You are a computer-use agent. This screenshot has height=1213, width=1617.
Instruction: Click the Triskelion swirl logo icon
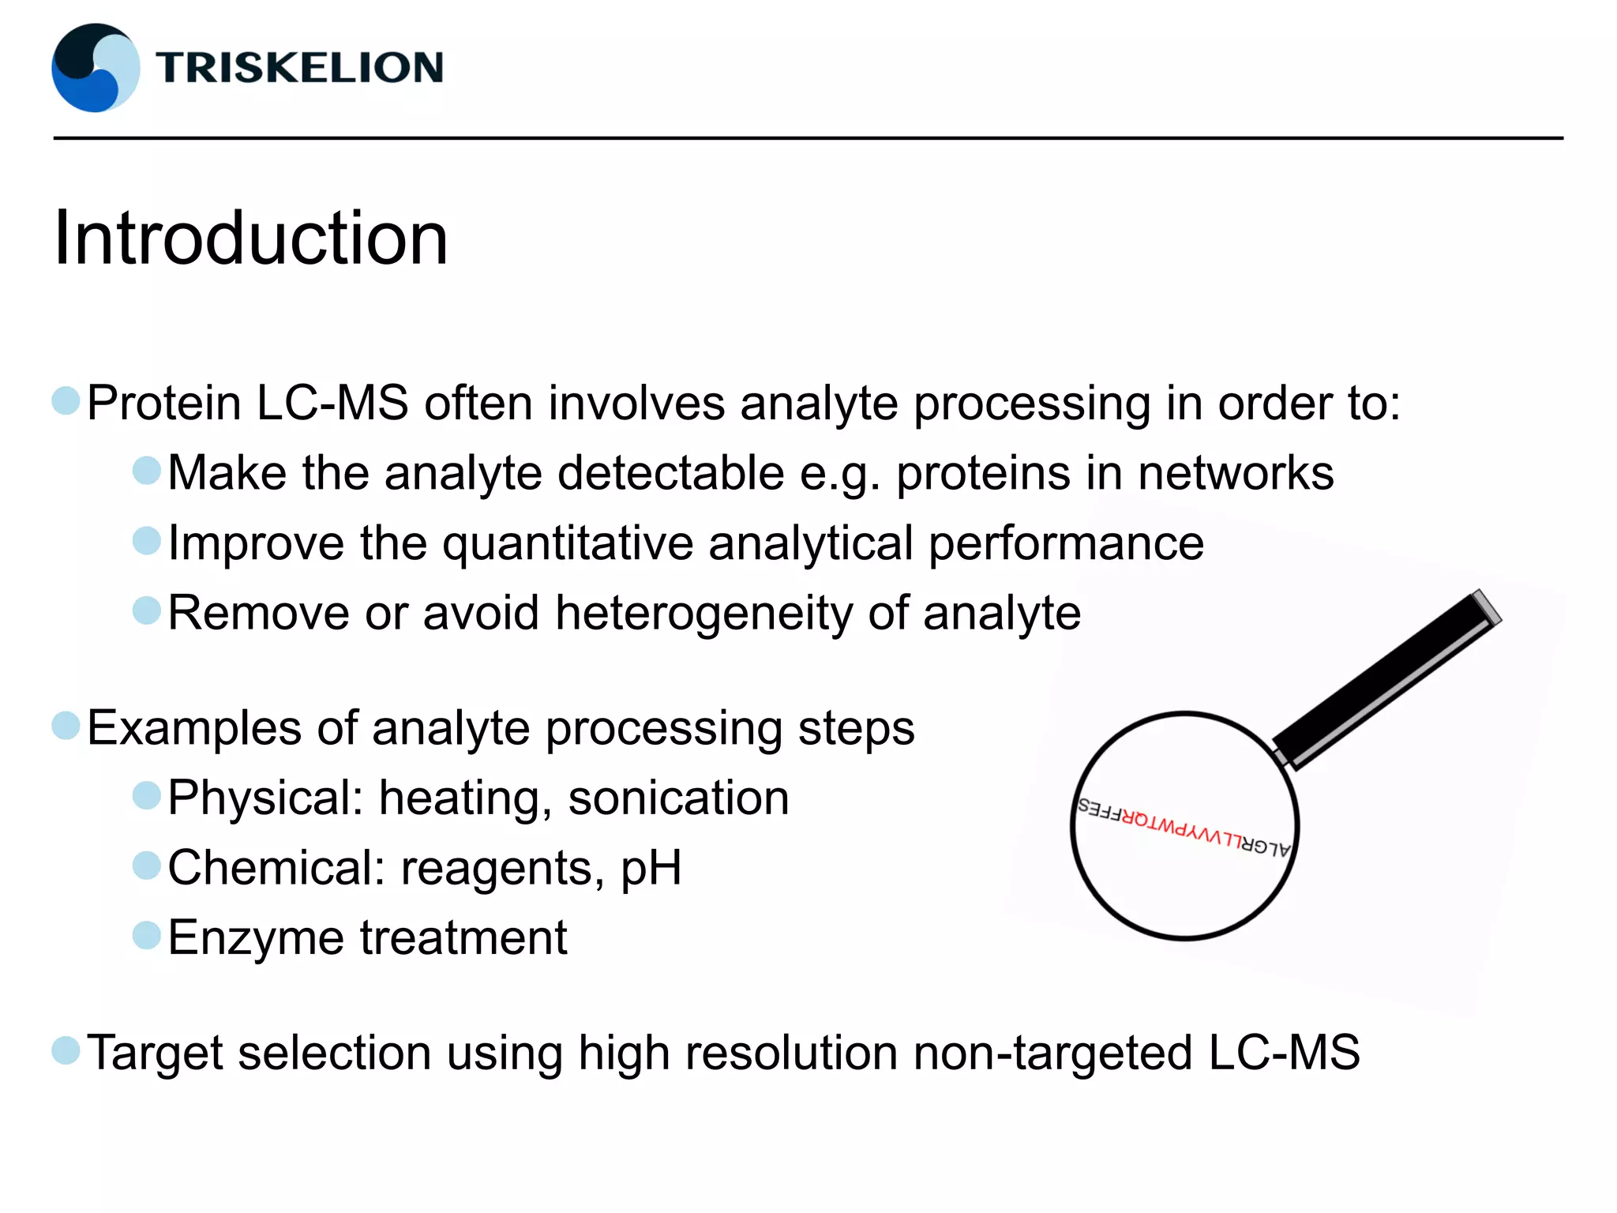point(96,68)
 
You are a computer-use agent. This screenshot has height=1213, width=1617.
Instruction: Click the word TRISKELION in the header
point(299,68)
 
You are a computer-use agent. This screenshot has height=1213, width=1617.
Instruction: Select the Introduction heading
point(250,238)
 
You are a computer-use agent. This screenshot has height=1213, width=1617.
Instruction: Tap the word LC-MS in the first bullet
point(332,404)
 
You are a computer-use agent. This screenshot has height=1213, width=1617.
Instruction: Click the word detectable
point(671,473)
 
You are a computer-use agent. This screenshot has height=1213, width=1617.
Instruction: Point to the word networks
point(1236,473)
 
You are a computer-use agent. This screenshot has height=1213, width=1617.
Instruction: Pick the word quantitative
point(568,543)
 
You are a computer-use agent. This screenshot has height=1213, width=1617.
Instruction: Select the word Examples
point(194,728)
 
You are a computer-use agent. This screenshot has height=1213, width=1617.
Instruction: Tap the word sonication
point(678,798)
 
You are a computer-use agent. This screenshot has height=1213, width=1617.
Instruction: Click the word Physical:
point(265,798)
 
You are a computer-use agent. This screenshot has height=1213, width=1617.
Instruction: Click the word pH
point(651,869)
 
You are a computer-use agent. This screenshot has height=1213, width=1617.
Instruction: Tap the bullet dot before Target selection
point(66,1051)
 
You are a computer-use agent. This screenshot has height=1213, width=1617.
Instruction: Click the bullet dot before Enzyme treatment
point(147,936)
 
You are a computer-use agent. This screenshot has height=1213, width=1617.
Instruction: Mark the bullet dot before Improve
point(147,542)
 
